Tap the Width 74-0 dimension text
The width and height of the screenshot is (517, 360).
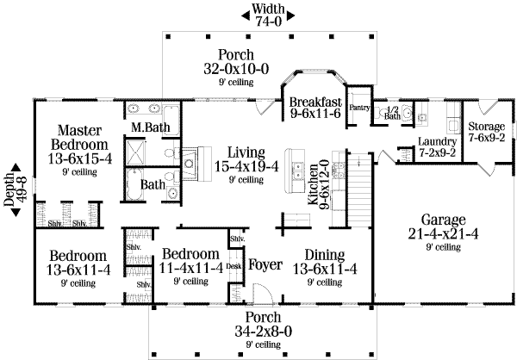pyautogui.click(x=268, y=15)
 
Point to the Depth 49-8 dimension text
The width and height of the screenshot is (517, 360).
pyautogui.click(x=16, y=189)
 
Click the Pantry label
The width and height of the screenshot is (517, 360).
pyautogui.click(x=359, y=108)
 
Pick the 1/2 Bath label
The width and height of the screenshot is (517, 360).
pyautogui.click(x=392, y=113)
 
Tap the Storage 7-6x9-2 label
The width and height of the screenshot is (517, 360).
pyautogui.click(x=487, y=132)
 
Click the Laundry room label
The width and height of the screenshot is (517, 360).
pyautogui.click(x=437, y=147)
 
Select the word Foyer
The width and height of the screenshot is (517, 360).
pyautogui.click(x=265, y=264)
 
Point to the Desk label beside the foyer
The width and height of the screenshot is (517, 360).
pyautogui.click(x=234, y=266)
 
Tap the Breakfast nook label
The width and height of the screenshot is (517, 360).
pyautogui.click(x=315, y=108)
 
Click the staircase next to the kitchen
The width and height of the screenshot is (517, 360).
pyautogui.click(x=359, y=189)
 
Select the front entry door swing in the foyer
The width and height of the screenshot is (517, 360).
pyautogui.click(x=263, y=294)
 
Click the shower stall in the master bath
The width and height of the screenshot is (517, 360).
pyautogui.click(x=135, y=152)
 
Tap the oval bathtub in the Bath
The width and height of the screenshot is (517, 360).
pyautogui.click(x=135, y=184)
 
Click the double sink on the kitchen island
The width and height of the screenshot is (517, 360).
pyautogui.click(x=299, y=171)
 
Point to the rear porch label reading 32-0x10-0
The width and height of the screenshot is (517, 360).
pyautogui.click(x=236, y=67)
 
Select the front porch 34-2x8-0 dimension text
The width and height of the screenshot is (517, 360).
pyautogui.click(x=264, y=330)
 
